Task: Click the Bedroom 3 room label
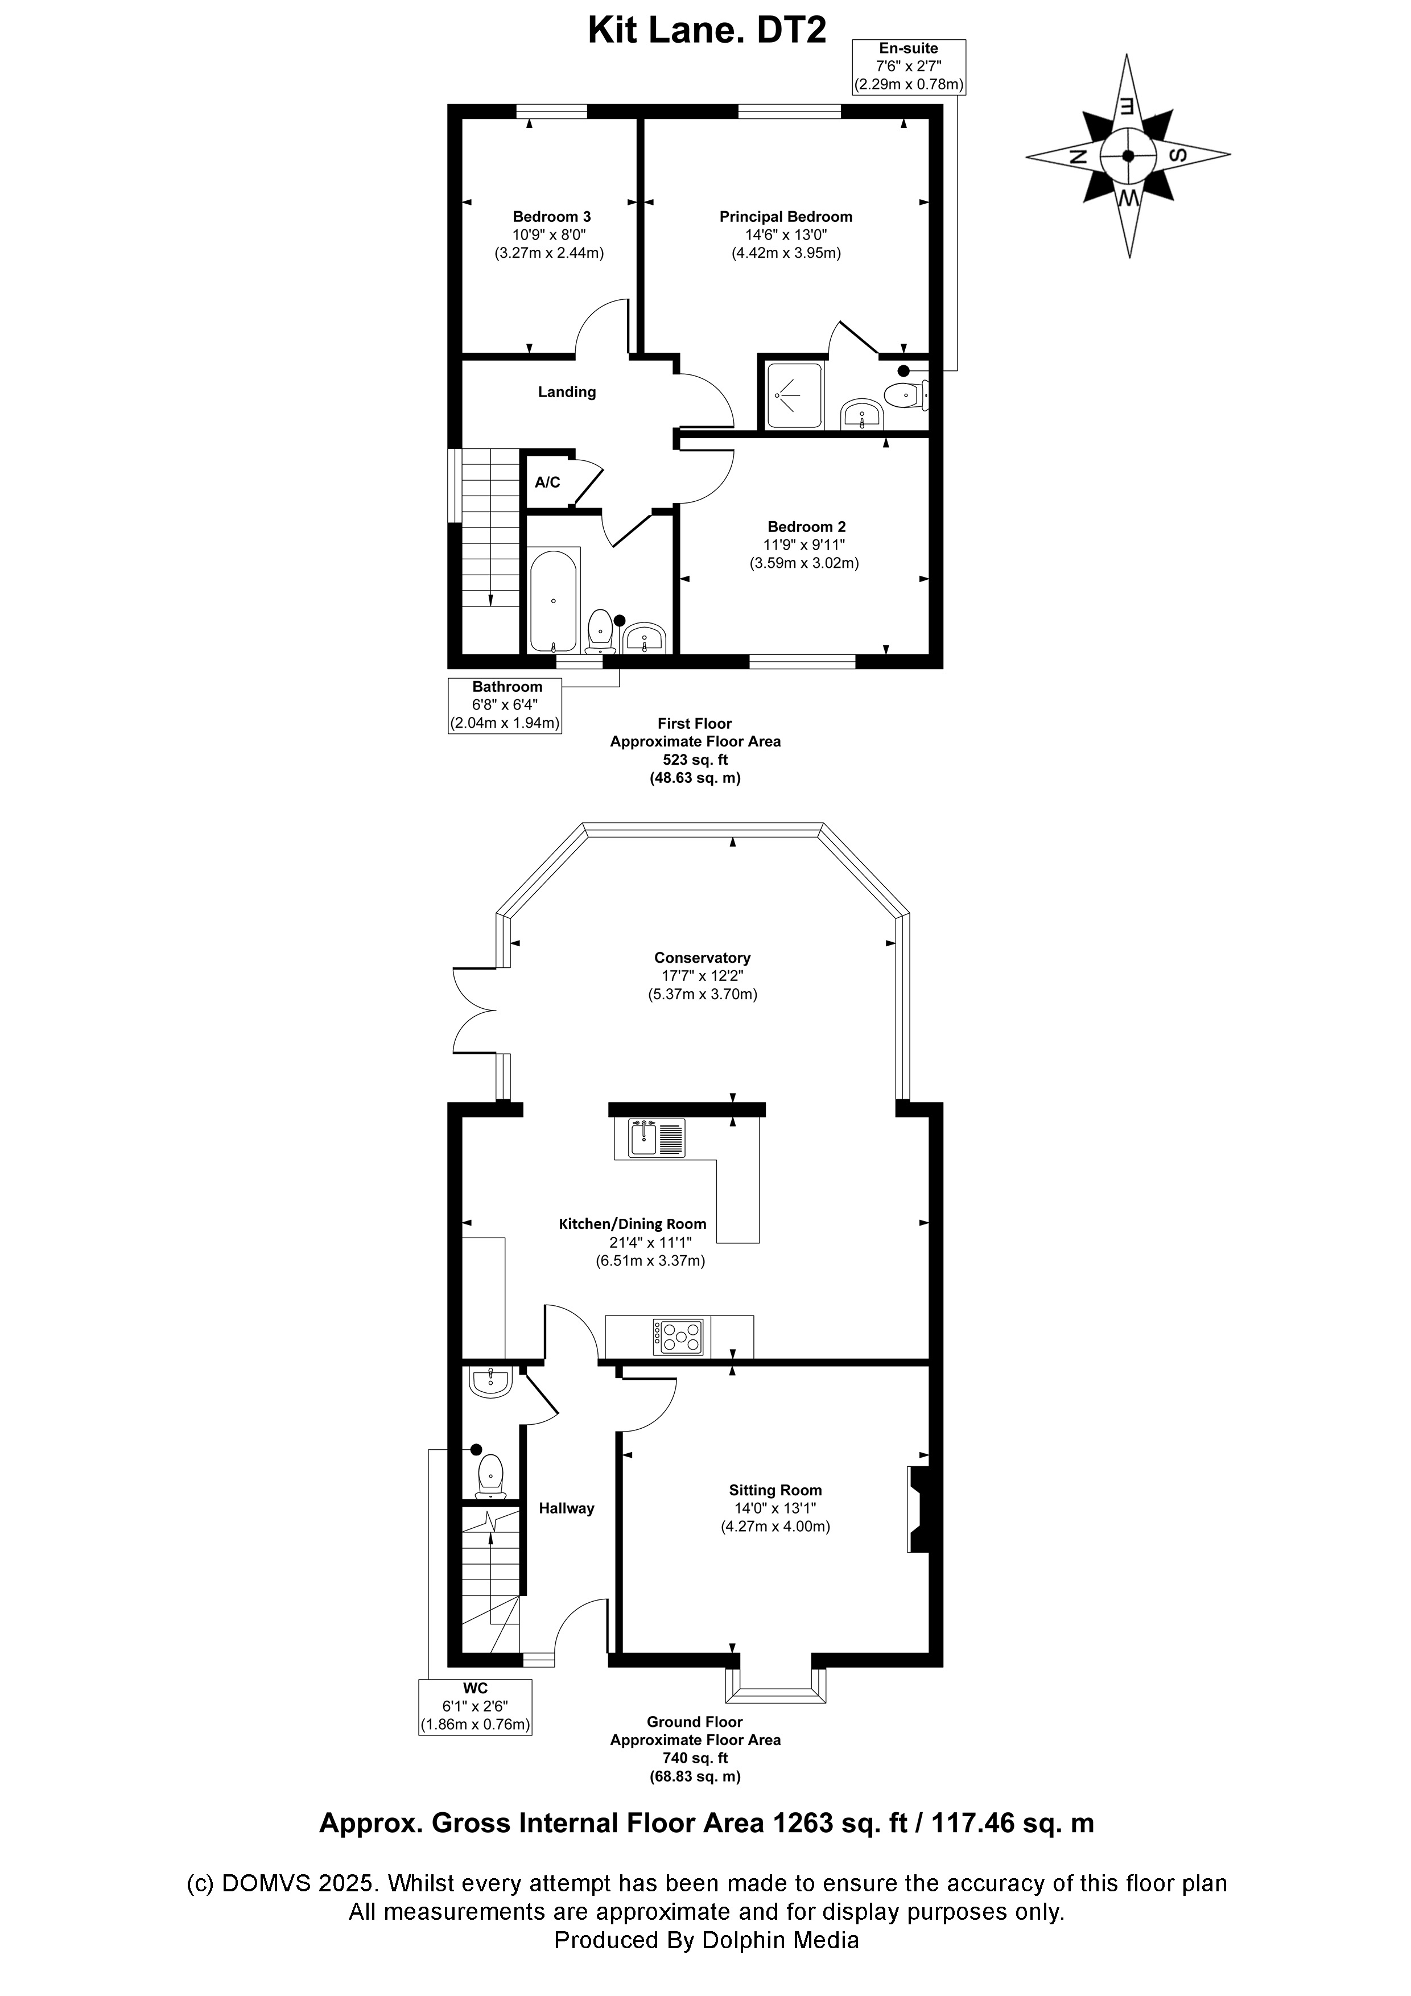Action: click(551, 216)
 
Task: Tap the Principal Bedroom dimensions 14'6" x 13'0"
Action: click(785, 235)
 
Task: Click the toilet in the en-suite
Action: click(904, 397)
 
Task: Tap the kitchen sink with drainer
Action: click(657, 1138)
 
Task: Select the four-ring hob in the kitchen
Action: click(680, 1336)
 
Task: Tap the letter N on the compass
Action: click(1079, 156)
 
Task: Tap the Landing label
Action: click(566, 392)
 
